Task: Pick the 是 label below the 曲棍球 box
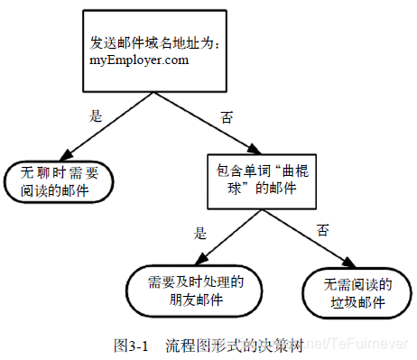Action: [199, 232]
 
